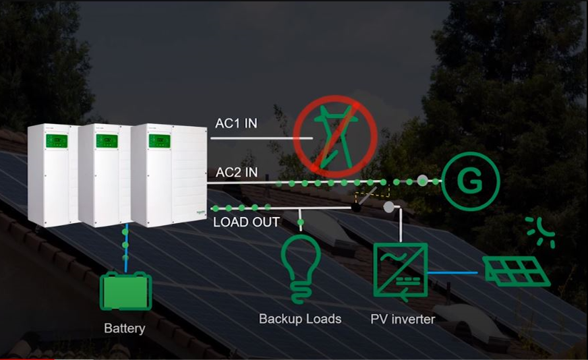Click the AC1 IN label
[x=236, y=123]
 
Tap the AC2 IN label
[x=237, y=173]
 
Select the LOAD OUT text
[x=246, y=222]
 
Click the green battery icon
[x=125, y=291]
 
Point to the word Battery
[x=125, y=328]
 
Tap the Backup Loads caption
[x=300, y=319]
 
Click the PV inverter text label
[x=403, y=319]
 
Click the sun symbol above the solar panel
[x=541, y=232]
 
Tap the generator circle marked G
[x=470, y=181]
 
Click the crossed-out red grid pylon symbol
[x=335, y=136]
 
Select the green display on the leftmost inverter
[x=57, y=141]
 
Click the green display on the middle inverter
[x=107, y=141]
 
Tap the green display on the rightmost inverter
[x=159, y=141]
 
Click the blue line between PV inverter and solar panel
[x=453, y=272]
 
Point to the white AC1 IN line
[x=262, y=138]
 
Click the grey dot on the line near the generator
[x=423, y=181]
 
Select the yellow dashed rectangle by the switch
[x=372, y=191]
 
